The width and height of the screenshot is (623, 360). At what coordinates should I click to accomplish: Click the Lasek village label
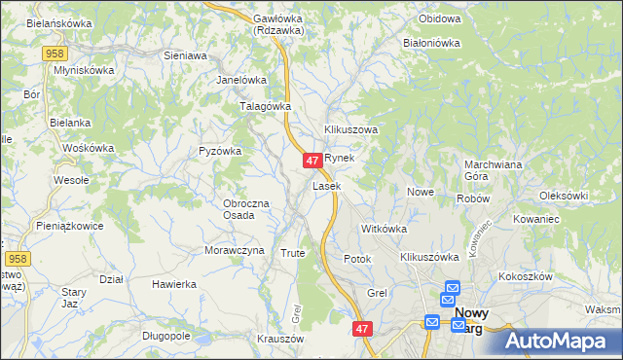(x=326, y=185)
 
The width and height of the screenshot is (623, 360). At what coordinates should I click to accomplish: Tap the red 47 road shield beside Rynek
(x=312, y=161)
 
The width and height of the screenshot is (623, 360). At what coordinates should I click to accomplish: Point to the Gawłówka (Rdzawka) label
(x=277, y=24)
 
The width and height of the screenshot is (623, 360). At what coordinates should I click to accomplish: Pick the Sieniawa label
(x=185, y=56)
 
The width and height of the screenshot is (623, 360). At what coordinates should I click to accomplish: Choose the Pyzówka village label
(x=219, y=151)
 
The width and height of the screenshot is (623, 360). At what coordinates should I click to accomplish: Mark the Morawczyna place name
(x=234, y=250)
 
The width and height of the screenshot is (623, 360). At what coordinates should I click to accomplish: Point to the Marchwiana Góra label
(x=494, y=170)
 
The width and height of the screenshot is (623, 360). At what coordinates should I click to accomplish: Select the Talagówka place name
(x=266, y=106)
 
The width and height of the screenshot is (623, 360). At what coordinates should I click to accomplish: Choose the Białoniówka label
(x=430, y=43)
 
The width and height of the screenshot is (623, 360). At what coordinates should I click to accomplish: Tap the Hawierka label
(x=174, y=284)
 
